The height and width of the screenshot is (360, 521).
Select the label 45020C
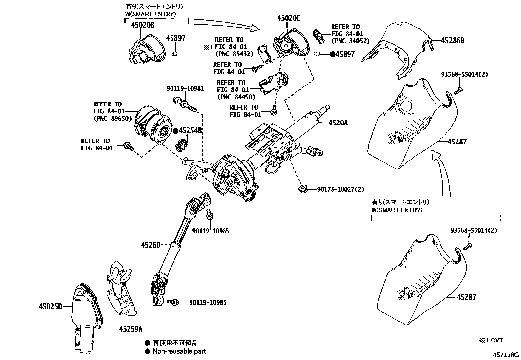[x=288, y=18]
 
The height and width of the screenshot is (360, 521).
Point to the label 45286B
[x=453, y=41]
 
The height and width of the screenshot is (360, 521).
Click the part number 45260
[x=151, y=245]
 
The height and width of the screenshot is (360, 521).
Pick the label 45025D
[x=50, y=307]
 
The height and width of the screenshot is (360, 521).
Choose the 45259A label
[x=131, y=329]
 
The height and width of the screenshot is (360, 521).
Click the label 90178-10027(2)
[x=340, y=189]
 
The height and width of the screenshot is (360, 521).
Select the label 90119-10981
[x=185, y=88]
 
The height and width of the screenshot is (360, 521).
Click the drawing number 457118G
[x=506, y=355]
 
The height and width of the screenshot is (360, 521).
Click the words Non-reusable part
[x=179, y=351]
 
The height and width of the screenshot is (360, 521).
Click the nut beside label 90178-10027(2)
[x=302, y=189]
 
